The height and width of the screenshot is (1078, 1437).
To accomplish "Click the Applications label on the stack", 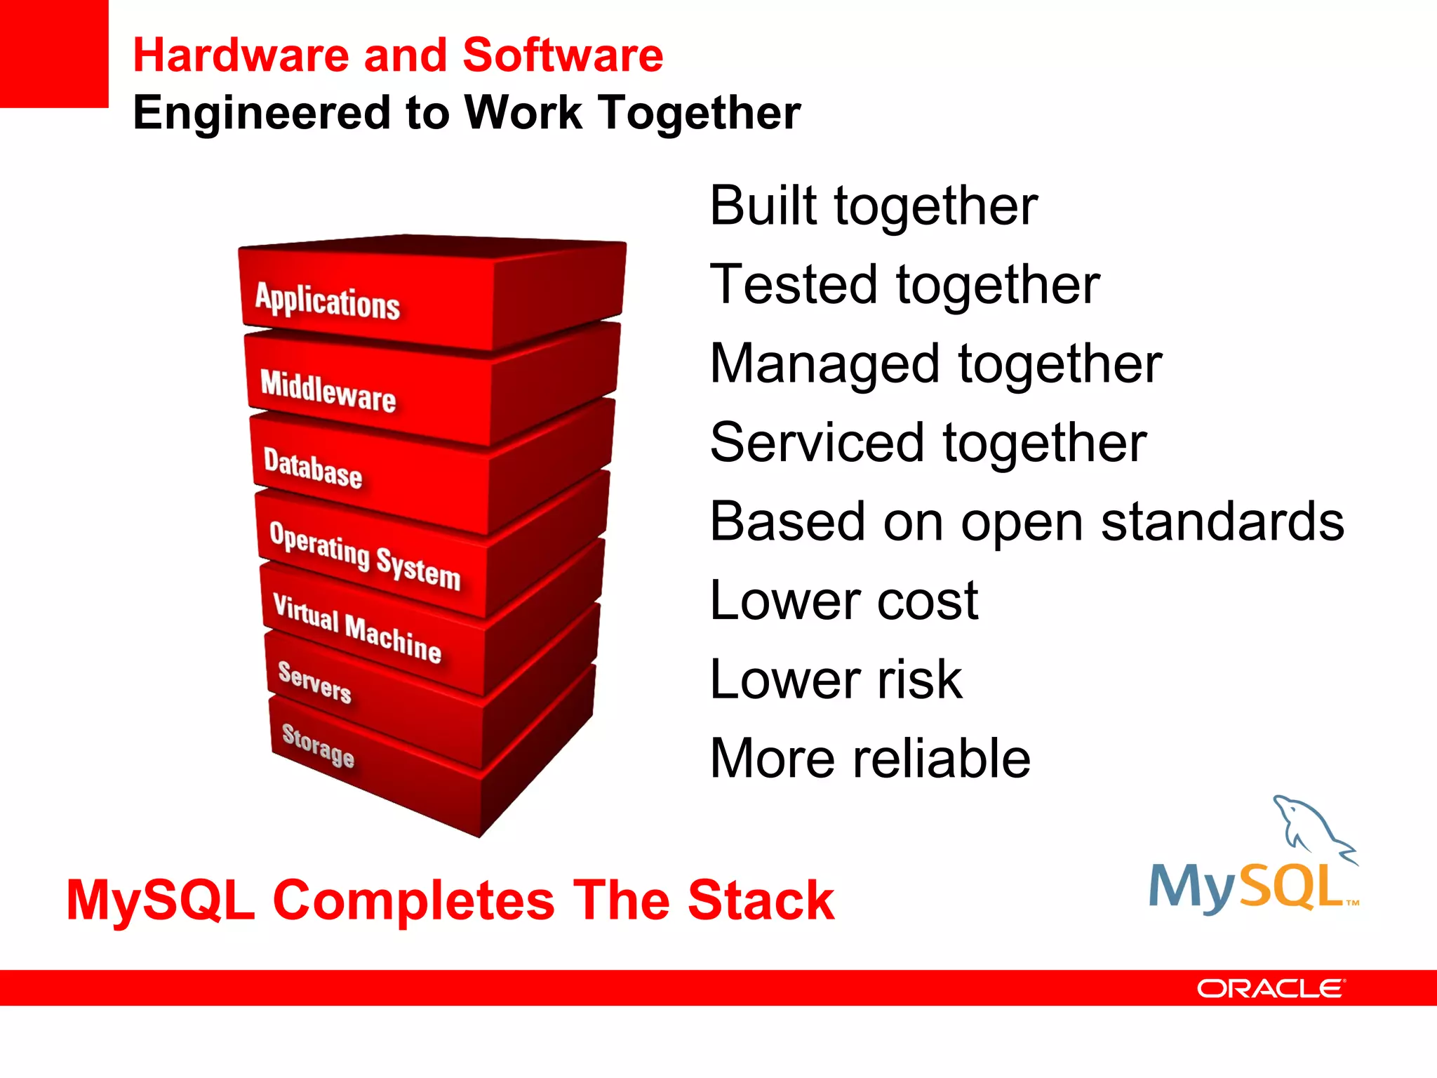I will [327, 302].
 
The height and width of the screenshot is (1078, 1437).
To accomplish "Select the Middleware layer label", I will [328, 390].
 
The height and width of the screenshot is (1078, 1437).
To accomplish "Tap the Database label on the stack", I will [313, 468].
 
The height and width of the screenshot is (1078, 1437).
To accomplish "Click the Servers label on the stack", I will [314, 682].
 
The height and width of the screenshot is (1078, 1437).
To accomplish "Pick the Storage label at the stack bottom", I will [318, 745].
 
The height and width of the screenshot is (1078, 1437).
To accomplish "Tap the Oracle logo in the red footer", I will [1271, 989].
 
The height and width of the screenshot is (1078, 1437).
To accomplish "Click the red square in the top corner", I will [53, 53].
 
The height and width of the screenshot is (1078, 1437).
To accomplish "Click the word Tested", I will [794, 285].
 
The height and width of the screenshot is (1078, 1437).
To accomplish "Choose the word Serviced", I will [817, 443].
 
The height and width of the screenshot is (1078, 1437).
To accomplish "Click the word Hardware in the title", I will [241, 55].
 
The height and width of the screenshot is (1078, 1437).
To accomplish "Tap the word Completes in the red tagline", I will [413, 900].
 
